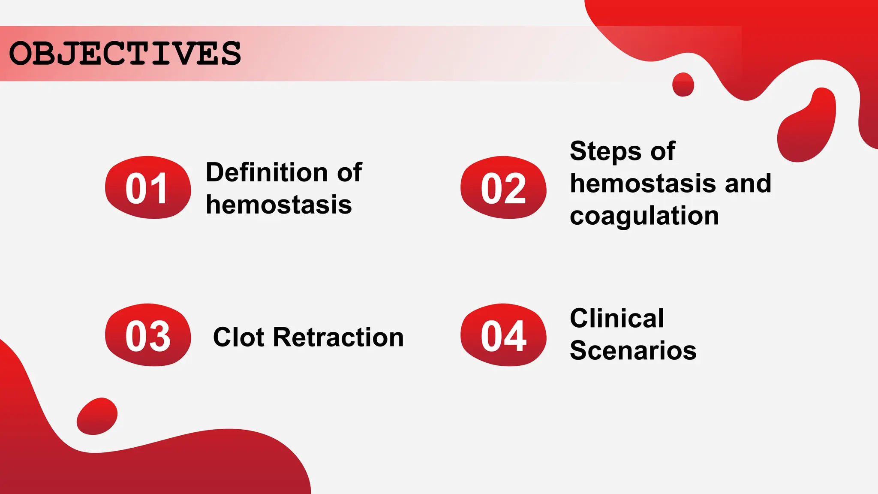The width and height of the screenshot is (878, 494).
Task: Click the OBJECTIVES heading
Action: [125, 54]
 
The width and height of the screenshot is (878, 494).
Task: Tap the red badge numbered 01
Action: [148, 188]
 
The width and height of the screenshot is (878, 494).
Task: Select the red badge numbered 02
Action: [503, 188]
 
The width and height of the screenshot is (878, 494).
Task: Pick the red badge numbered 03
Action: [148, 335]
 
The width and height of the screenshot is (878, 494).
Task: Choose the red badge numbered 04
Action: [503, 335]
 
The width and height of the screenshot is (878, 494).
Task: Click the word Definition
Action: [267, 172]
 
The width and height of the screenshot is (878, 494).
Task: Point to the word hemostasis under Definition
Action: [279, 205]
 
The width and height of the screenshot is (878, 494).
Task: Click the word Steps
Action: [605, 152]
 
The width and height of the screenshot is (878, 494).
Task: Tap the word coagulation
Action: [644, 216]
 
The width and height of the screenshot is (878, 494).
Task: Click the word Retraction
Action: [338, 337]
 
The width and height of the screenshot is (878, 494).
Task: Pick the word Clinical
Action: [616, 318]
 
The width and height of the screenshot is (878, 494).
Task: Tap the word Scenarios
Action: [633, 350]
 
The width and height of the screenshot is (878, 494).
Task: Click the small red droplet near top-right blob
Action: [683, 84]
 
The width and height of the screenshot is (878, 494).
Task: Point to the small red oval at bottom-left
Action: [97, 416]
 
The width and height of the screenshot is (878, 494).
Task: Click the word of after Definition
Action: [349, 172]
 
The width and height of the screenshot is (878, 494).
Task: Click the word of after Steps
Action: [662, 152]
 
